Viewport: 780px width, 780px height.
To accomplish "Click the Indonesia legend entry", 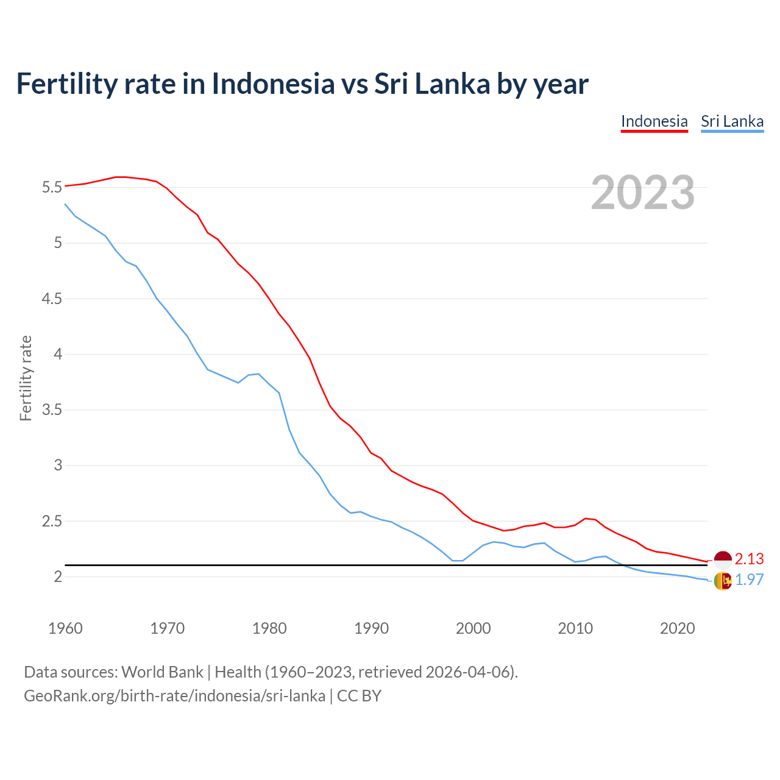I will coord(654,121).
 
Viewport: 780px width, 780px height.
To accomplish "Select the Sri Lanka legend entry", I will coord(732,121).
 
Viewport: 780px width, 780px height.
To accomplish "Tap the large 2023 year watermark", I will coord(643,193).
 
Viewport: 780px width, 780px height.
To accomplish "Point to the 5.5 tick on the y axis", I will coord(52,187).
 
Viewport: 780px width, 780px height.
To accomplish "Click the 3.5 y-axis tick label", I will coord(52,409).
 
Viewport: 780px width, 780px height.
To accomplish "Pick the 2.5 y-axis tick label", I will coord(52,521).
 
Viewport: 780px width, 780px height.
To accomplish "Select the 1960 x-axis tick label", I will coord(65,628).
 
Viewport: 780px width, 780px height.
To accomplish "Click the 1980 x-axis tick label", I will coord(269,628).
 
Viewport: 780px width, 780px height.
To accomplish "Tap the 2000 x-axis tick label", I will coord(473,628).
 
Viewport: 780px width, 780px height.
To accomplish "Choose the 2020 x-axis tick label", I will coord(677,628).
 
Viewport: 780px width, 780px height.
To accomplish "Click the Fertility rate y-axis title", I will coord(26,378).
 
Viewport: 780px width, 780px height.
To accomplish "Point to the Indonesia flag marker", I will coord(723,559).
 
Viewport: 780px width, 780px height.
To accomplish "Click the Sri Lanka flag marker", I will coord(723,581).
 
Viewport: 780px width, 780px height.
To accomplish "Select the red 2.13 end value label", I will coord(749,559).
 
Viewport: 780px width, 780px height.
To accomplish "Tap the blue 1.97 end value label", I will coord(749,580).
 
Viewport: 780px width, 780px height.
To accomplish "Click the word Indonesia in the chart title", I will coord(273,84).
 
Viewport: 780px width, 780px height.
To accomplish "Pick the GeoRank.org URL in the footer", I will coord(174,696).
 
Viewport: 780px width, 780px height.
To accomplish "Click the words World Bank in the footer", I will coord(162,672).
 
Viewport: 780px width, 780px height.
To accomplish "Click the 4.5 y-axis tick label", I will coord(52,299).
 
